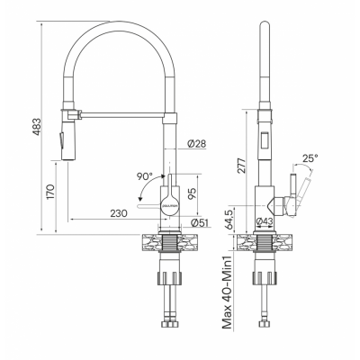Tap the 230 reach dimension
(117, 214)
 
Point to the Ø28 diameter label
(198, 145)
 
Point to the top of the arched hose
(115, 20)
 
